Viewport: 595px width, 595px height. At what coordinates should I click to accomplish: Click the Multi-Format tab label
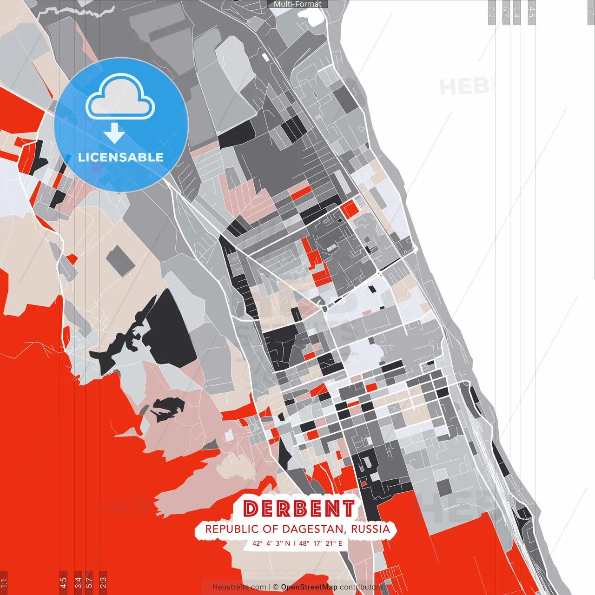click(x=297, y=4)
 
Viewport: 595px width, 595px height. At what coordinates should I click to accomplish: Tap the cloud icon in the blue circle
click(x=120, y=98)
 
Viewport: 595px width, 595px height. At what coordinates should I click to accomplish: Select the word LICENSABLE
click(x=121, y=157)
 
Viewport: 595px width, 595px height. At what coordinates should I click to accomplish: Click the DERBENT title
click(x=299, y=509)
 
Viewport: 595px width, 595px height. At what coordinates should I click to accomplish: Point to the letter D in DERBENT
click(x=251, y=509)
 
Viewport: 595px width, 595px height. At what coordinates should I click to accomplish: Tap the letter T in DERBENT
click(x=348, y=509)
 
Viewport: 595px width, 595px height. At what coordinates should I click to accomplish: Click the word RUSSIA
click(x=370, y=529)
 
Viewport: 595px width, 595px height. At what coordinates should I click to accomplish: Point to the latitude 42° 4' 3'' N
click(x=271, y=543)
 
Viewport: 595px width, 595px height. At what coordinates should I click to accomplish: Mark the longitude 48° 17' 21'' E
click(x=321, y=543)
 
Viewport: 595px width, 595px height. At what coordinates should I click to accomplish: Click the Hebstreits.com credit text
click(x=239, y=587)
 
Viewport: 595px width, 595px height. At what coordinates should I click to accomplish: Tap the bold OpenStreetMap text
click(x=309, y=587)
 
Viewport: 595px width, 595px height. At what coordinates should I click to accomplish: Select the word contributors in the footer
click(x=361, y=587)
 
